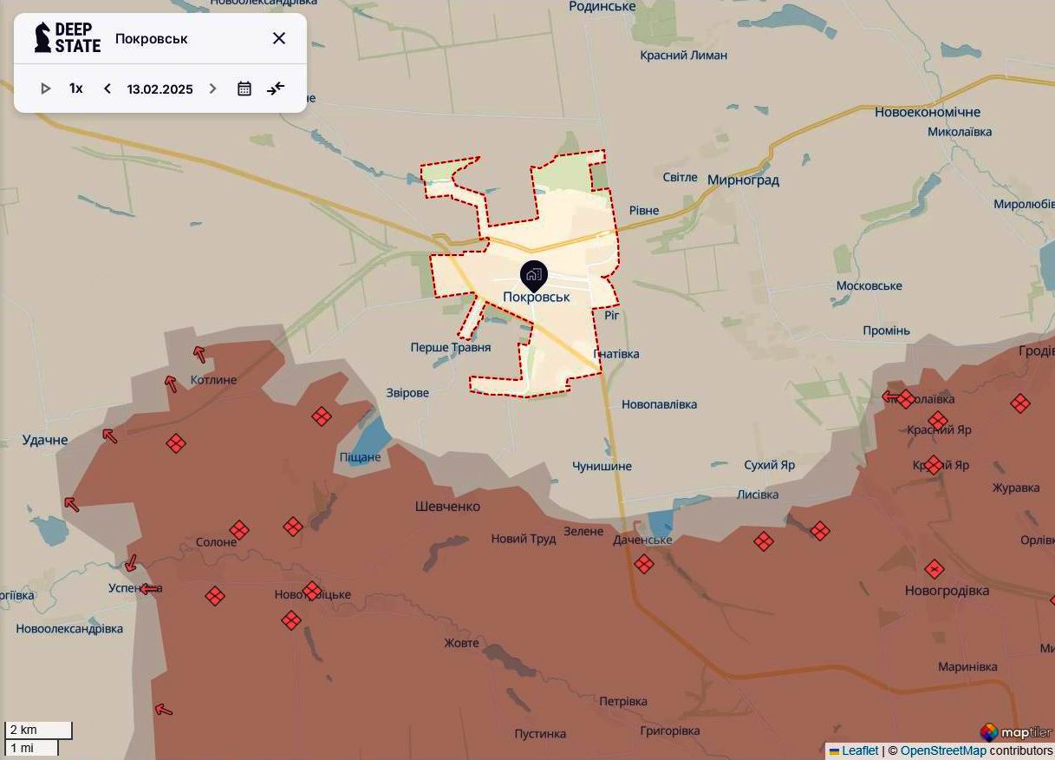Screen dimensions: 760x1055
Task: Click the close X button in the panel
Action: tap(279, 38)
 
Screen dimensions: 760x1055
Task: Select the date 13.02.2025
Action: tap(160, 88)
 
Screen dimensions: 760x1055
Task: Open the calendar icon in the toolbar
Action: tap(244, 88)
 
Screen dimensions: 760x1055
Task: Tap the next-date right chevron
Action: tap(212, 88)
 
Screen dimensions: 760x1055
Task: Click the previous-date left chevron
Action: tap(107, 88)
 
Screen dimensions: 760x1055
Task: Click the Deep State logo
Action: tap(68, 38)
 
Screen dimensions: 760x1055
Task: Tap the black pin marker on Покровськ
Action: tap(534, 275)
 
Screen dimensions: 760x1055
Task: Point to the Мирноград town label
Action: tap(743, 180)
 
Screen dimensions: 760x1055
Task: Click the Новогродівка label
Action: tap(946, 591)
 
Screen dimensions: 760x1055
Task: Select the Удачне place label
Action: tap(45, 440)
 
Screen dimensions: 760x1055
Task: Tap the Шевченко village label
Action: tap(447, 507)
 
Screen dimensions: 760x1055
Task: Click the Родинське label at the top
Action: tap(602, 7)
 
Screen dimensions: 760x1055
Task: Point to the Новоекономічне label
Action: tap(927, 112)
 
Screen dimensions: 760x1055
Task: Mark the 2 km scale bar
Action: tap(38, 731)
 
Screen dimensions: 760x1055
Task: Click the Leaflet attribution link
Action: tap(860, 750)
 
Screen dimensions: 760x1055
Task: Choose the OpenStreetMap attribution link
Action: tap(943, 750)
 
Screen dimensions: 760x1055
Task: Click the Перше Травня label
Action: tap(451, 347)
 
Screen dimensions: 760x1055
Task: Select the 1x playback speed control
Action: tap(76, 88)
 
